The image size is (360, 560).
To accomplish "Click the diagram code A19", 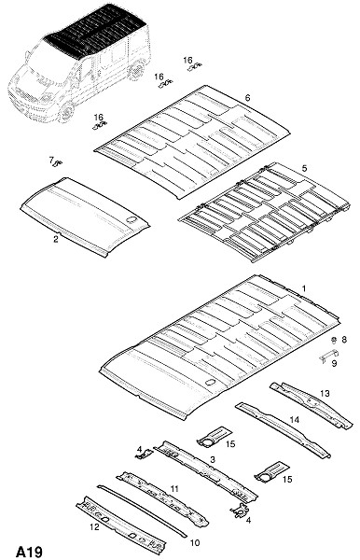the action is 29,552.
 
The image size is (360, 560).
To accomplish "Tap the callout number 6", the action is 247,97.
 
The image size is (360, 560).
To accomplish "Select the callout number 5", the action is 304,168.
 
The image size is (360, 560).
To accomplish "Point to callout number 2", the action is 56,239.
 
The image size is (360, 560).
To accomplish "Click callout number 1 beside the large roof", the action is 304,288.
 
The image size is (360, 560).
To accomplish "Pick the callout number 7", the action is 51,160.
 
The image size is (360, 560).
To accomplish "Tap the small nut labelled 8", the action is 334,340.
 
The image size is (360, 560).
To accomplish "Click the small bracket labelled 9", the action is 329,355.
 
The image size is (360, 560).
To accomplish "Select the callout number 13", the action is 325,393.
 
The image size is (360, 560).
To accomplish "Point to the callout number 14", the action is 295,419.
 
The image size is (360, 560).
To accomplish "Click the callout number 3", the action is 213,459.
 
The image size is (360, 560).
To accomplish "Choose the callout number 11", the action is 174,488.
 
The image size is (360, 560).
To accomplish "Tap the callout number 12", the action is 94,526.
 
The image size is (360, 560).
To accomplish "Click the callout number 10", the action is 195,543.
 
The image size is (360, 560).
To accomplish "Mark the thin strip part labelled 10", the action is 142,511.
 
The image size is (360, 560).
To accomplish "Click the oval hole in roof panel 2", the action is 132,219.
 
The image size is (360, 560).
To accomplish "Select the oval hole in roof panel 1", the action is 210,382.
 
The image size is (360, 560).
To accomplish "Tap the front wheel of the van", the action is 66,111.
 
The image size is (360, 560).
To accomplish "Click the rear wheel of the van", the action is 136,70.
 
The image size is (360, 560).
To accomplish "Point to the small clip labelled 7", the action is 58,163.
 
